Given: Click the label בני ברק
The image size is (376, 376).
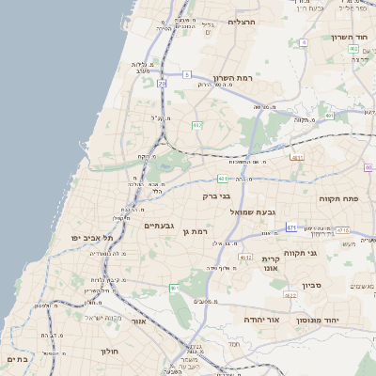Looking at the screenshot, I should point(215,196).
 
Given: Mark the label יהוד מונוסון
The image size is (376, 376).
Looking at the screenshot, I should point(340,320).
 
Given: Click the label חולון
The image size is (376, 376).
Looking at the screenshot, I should point(107,351).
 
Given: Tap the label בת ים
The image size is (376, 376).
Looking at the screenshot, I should point(18,358).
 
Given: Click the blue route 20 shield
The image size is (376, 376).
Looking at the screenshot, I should point(162,84).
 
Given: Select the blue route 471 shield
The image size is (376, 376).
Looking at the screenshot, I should point(292,227).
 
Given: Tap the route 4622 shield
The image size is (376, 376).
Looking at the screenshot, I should point(290,295).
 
